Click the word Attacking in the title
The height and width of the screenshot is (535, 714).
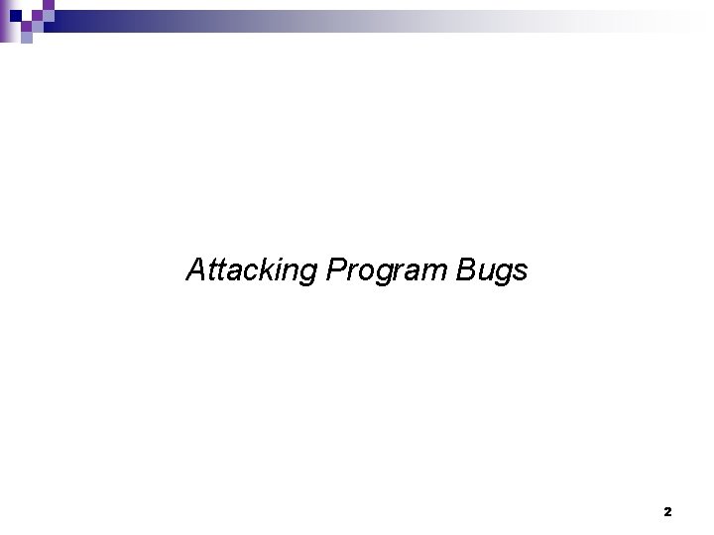(x=252, y=270)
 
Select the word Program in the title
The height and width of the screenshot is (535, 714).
(x=388, y=270)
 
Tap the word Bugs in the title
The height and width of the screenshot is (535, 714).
(x=493, y=270)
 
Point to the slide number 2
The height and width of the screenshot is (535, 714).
(x=667, y=512)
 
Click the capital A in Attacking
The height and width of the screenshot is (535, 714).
(x=196, y=269)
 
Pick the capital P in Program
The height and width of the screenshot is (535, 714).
(x=334, y=269)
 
